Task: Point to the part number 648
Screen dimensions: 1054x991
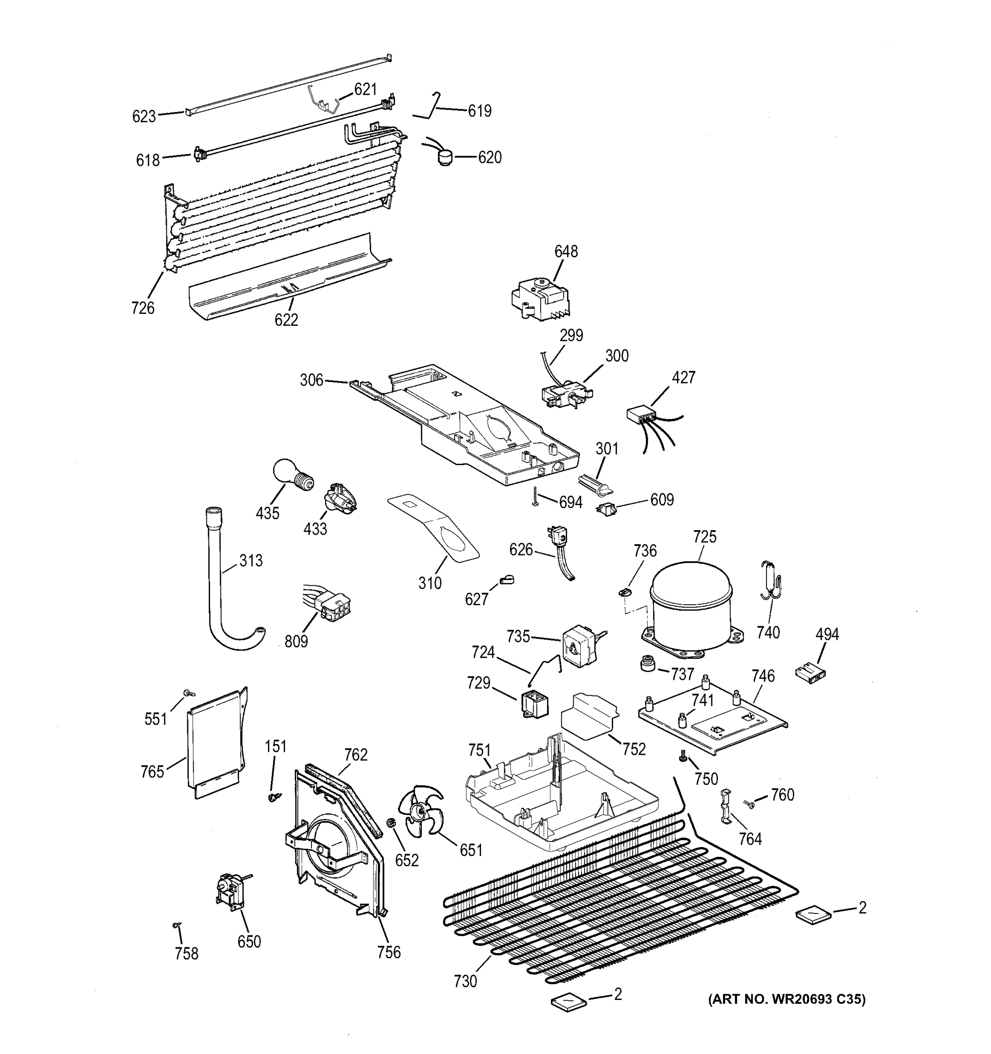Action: pos(566,251)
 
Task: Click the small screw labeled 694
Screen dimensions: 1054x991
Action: pos(535,496)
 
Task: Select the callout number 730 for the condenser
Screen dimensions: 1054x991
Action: pos(465,982)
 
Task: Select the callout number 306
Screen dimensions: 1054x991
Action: pos(311,380)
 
